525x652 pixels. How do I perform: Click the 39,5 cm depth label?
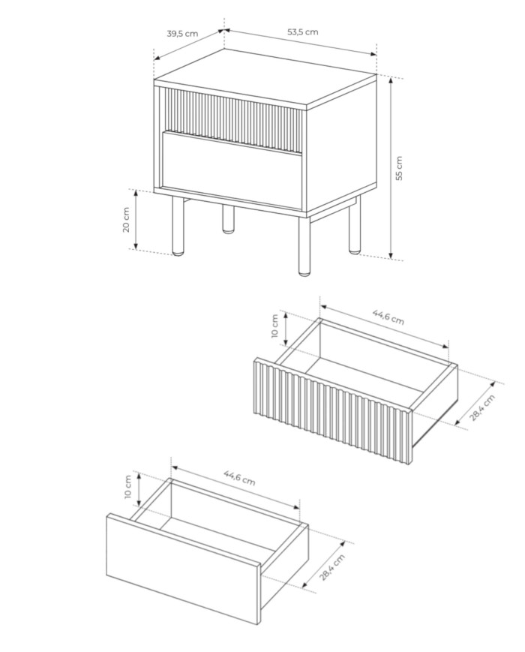point(182,34)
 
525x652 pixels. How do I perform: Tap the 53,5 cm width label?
point(302,32)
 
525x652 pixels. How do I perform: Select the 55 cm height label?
point(399,168)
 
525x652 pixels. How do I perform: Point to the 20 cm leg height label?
point(126,219)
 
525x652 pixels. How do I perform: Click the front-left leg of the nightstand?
point(178,225)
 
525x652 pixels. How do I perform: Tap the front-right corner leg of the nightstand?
point(304,246)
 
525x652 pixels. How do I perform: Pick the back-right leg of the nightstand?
point(355,224)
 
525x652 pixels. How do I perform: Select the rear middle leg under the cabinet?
point(228,218)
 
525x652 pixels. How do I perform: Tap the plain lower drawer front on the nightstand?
point(232,170)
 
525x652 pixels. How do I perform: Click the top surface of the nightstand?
point(265,79)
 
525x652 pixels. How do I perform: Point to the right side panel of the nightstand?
point(341,145)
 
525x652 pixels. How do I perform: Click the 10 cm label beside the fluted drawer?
point(274,326)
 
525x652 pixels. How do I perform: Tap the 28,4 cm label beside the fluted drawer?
point(483,407)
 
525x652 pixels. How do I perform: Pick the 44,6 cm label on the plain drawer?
point(239,478)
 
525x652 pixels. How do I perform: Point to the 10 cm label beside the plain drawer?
point(127,486)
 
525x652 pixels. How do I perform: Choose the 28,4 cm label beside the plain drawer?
point(332,567)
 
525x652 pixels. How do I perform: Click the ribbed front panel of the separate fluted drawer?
point(332,410)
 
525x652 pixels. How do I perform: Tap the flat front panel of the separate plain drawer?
point(183,569)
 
